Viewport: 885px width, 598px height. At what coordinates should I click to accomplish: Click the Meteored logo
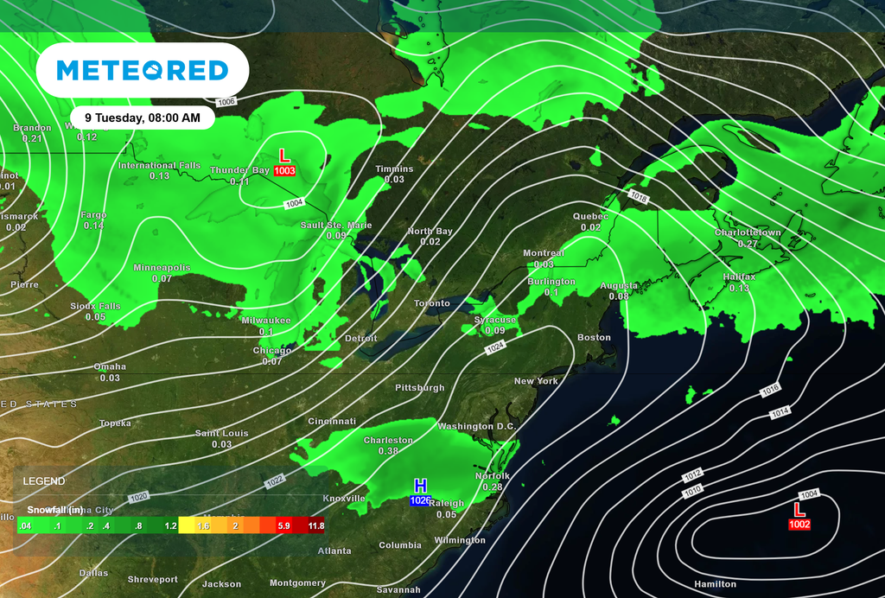tap(143, 70)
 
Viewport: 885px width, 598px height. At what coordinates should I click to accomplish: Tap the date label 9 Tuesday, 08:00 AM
tap(143, 117)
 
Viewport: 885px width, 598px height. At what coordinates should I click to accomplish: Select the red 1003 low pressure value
tap(284, 171)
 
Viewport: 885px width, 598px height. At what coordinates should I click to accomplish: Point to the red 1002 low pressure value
tap(799, 525)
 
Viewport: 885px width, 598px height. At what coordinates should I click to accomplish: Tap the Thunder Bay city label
tap(239, 170)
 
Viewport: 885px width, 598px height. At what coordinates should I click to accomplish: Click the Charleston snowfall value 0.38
tap(388, 451)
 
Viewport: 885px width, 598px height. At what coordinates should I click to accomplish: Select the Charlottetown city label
tap(748, 232)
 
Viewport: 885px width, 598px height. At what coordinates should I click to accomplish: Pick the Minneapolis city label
tap(162, 268)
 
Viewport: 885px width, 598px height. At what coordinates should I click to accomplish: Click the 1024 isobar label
tap(495, 347)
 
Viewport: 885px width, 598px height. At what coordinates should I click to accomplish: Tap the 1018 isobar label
tap(639, 198)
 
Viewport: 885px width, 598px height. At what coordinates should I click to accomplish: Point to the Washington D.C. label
tap(476, 426)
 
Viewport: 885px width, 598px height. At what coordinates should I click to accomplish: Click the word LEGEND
tap(44, 480)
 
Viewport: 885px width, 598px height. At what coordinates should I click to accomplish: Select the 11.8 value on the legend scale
tap(315, 525)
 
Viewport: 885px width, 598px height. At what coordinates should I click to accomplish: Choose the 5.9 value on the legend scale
tap(283, 525)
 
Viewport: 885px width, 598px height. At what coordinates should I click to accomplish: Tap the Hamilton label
tap(716, 584)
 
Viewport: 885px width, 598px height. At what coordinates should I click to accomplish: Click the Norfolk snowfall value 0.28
tap(493, 487)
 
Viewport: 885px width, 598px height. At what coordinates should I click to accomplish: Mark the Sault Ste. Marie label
tap(336, 225)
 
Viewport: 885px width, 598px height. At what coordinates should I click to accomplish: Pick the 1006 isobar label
tap(226, 102)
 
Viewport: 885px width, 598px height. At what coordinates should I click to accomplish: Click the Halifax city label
tap(739, 277)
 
